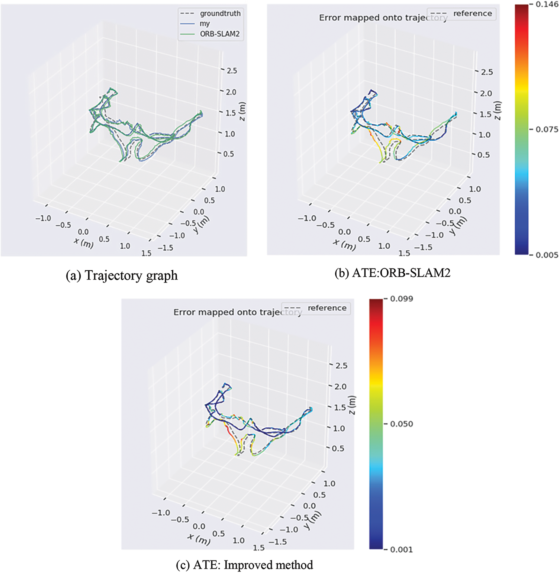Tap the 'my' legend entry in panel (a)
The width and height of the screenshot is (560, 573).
point(205,24)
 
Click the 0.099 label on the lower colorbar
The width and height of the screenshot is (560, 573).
point(402,299)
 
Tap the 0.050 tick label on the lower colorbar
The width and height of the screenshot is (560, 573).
point(402,424)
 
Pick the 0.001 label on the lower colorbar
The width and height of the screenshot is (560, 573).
point(402,550)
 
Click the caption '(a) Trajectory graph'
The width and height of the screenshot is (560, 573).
point(122,275)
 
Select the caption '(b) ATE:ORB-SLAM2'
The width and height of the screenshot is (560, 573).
point(392,273)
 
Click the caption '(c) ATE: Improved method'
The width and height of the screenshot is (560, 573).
point(244,565)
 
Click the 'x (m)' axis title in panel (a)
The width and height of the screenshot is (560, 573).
point(84,243)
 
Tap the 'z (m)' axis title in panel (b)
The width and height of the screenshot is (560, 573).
point(498,110)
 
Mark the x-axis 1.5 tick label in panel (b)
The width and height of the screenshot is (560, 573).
point(404,253)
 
